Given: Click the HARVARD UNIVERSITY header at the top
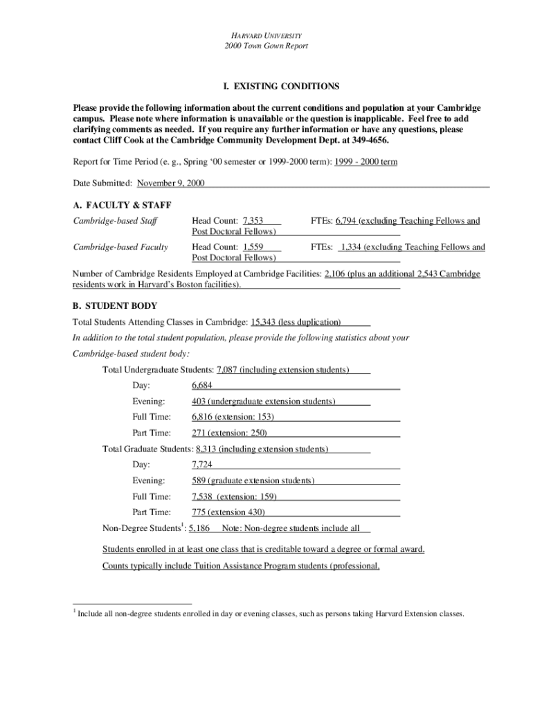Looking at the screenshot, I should pos(266,35).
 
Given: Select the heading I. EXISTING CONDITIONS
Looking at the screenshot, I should pos(281,87).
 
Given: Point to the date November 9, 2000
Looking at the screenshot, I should pos(170,183).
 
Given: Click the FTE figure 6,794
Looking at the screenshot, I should pos(345,221).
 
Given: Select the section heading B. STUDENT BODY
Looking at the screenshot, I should pos(115,305).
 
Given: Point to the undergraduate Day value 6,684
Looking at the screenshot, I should pos(202,385).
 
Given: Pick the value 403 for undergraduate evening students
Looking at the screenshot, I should pos(199,401).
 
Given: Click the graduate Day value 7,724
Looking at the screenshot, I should pos(202,464).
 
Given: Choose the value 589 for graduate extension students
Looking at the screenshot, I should pos(199,481).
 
